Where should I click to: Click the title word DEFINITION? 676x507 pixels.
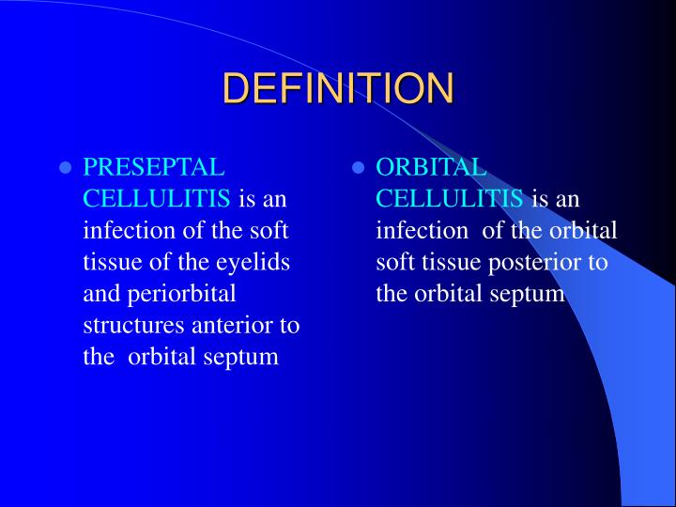point(338,88)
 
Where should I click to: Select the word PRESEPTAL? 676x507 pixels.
point(154,167)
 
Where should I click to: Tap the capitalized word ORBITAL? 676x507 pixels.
point(431,167)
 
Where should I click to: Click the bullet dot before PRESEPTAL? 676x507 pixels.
point(66,169)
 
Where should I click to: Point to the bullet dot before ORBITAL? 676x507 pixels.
point(358,169)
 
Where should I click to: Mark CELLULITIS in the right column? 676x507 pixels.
point(450,199)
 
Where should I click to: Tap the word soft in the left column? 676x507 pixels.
point(269,231)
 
